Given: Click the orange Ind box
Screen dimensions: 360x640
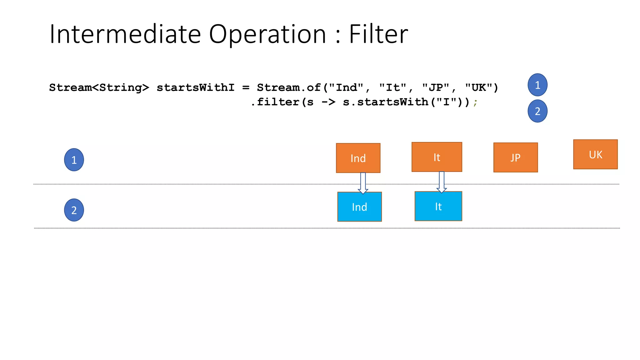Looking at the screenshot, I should (x=358, y=158).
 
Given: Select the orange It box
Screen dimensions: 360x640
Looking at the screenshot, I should (x=437, y=157).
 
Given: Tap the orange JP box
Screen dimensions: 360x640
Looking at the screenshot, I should (x=516, y=157).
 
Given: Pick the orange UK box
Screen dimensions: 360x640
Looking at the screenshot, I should (x=595, y=154).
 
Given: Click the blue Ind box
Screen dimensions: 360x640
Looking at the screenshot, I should (x=359, y=207).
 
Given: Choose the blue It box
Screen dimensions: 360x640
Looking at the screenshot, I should (x=438, y=206).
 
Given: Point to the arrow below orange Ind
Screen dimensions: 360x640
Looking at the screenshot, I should (x=363, y=183).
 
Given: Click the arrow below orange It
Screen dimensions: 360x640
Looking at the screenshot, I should (x=442, y=182).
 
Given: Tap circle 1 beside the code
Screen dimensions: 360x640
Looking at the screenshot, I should (x=537, y=85).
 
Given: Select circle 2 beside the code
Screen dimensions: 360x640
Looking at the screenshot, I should (x=537, y=111).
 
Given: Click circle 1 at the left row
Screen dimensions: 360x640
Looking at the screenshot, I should (x=74, y=160).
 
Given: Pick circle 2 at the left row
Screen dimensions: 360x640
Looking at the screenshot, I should (x=74, y=210).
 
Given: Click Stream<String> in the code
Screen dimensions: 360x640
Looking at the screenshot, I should (x=99, y=87).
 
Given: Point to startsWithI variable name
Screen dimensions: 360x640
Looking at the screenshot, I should (x=195, y=87).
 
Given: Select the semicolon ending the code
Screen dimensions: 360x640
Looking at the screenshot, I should (x=475, y=102).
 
